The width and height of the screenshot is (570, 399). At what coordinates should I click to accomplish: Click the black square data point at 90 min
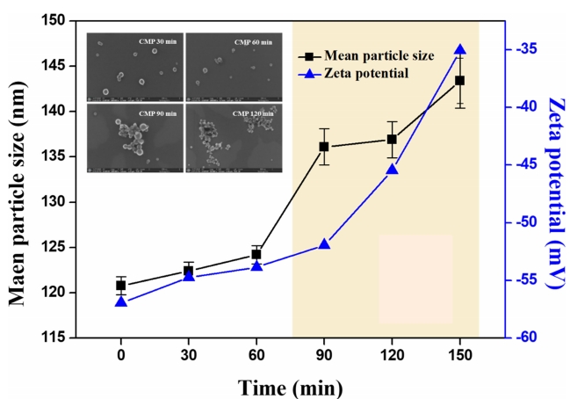tap(323, 147)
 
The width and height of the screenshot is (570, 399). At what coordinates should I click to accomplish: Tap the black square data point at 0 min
tap(120, 285)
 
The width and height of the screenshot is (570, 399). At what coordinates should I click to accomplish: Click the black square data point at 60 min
tap(256, 254)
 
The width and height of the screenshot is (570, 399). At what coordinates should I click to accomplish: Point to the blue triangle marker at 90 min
tap(324, 243)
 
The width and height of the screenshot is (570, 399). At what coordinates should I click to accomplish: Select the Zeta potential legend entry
tap(369, 74)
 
